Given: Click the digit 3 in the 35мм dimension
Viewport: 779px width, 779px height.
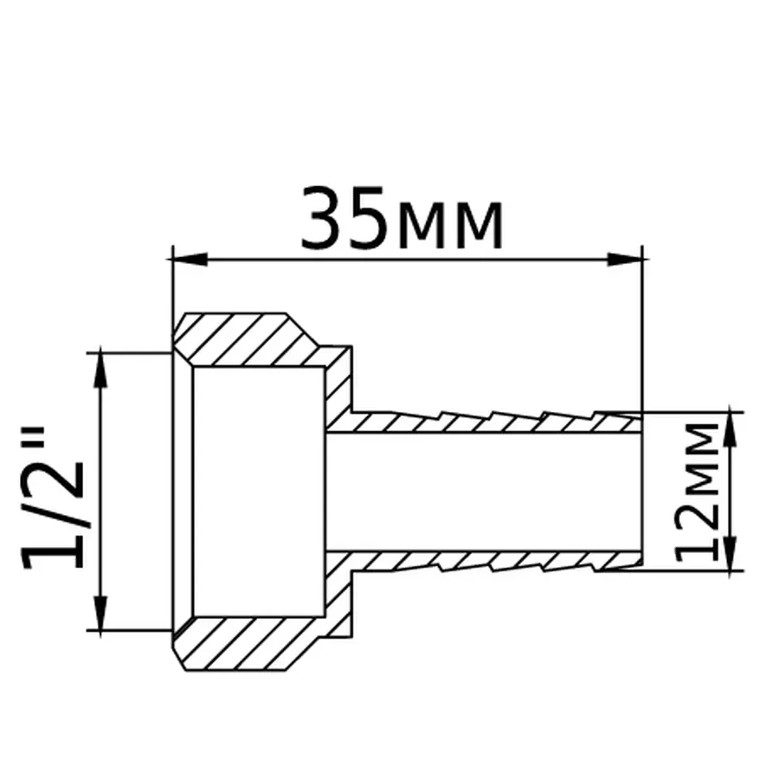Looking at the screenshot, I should (x=323, y=217).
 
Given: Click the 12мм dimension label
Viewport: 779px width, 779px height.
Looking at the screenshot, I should (x=699, y=490).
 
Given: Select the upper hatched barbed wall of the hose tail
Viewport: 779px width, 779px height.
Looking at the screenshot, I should (x=485, y=422).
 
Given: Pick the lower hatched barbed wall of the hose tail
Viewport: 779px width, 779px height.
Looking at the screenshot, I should (x=485, y=561).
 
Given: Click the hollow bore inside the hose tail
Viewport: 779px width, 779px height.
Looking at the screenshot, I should (x=485, y=491).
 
